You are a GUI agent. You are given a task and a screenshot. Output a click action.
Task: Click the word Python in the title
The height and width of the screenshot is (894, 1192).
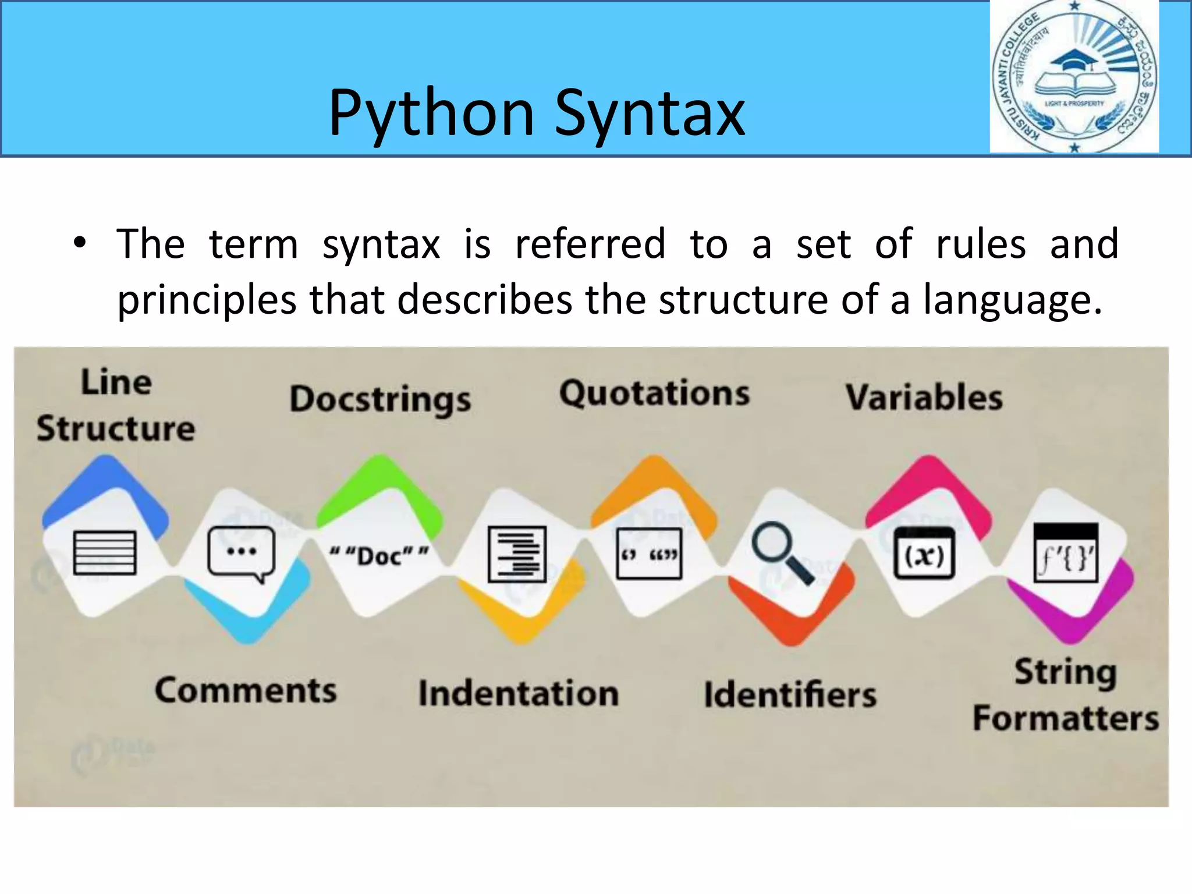431,113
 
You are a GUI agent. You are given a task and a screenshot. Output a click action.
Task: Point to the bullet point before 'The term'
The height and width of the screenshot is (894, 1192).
80,243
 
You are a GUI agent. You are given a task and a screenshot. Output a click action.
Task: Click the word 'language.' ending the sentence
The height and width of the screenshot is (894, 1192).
1013,300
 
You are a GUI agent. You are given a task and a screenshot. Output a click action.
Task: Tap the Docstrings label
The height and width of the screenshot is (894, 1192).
380,400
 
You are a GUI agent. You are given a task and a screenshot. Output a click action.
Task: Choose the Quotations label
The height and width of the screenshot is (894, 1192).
654,393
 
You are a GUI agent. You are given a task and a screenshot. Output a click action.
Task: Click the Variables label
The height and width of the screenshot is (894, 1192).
924,398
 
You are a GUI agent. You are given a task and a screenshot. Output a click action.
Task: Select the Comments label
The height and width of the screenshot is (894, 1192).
246,691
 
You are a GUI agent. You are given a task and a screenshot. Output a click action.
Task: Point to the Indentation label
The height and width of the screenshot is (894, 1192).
518,694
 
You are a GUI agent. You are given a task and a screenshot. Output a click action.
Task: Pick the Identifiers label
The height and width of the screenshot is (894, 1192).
790,695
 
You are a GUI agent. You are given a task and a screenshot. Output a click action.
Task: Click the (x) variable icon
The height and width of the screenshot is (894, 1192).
924,553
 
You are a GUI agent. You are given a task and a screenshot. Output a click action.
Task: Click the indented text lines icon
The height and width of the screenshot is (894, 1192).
517,554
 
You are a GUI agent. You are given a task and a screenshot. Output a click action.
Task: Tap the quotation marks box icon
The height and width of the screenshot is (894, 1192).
649,554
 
